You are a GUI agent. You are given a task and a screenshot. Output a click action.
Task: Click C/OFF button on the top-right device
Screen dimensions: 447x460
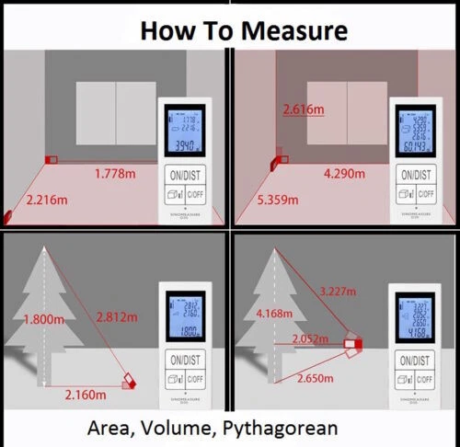429,194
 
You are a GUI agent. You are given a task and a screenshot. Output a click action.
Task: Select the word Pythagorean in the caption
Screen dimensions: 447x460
286,428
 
